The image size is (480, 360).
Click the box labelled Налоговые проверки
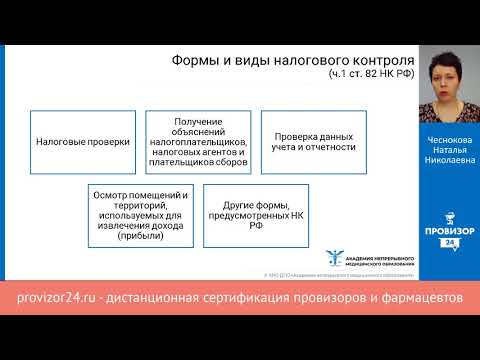[x=82, y=142]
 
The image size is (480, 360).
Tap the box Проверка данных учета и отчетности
[x=311, y=142]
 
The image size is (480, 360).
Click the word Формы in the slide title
[x=187, y=60]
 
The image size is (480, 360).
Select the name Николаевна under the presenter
[x=447, y=158]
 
